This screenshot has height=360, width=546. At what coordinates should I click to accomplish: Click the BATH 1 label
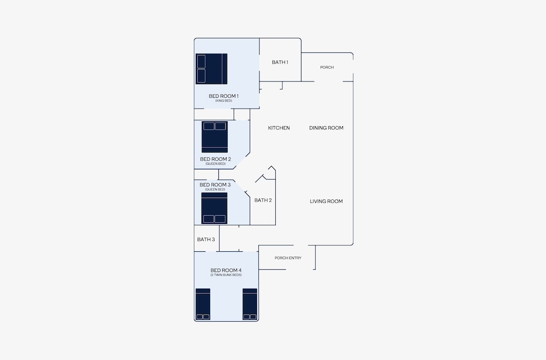tap(280, 62)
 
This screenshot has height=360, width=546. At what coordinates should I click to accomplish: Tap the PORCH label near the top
tap(327, 67)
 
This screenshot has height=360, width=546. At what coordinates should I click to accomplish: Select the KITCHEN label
tap(279, 128)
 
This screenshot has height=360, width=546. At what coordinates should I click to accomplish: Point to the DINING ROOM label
tap(327, 128)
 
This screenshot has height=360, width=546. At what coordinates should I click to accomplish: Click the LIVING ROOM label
tap(327, 201)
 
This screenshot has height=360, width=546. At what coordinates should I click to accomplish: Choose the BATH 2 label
tap(263, 200)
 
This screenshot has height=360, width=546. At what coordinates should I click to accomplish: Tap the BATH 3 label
tap(206, 239)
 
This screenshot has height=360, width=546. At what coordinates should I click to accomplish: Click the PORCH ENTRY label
tap(288, 258)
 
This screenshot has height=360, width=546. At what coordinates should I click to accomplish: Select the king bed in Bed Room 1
tap(211, 69)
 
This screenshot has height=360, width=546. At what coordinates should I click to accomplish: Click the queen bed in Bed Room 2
tap(215, 137)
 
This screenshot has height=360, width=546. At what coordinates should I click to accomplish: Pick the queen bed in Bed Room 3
tap(214, 208)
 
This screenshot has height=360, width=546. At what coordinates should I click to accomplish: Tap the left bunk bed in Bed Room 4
tap(203, 304)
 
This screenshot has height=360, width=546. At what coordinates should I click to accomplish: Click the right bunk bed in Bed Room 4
tap(250, 304)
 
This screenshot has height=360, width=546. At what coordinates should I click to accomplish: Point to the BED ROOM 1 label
tap(223, 96)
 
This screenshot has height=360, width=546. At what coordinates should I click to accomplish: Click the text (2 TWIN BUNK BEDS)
tap(226, 275)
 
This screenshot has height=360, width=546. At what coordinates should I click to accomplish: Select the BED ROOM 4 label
tap(226, 270)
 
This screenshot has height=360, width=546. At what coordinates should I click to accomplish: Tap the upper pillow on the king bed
tap(201, 61)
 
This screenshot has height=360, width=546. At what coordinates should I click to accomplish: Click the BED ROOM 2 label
tap(216, 159)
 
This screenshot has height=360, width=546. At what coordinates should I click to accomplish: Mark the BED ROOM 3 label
tap(215, 185)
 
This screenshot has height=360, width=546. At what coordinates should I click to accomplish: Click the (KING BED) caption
tap(223, 101)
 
